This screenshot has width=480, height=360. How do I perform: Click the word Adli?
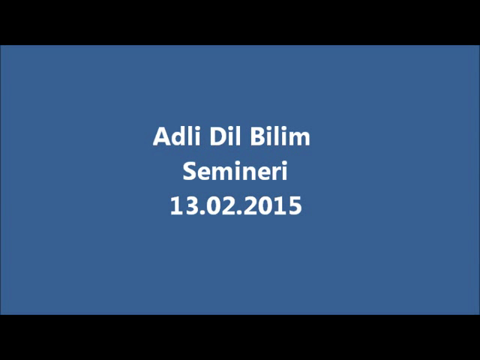pos(177,136)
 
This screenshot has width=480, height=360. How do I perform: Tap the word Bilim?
pos(280,136)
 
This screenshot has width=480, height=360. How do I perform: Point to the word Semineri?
pos(235,171)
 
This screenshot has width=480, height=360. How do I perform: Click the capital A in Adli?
pos(162,136)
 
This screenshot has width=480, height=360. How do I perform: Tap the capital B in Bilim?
pos(257,136)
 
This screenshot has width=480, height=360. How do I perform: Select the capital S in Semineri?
pos(189,171)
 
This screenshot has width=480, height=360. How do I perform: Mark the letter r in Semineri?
pos(276,173)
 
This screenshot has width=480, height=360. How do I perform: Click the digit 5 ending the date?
pos(295,206)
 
